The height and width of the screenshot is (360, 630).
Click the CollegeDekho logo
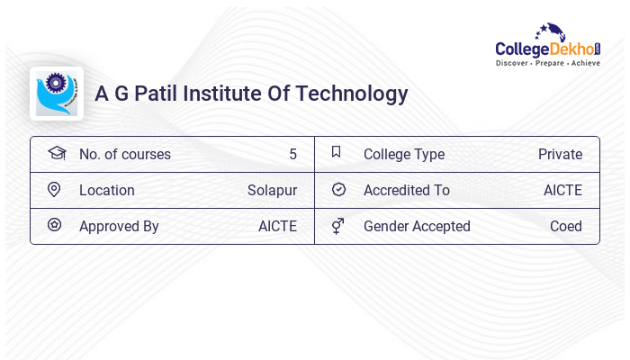point(548,46)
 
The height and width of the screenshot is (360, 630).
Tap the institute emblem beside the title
point(56,94)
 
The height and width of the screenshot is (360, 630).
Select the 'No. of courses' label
point(125,155)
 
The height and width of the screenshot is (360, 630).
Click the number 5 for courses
point(292,155)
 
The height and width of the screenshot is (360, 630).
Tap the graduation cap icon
point(56,153)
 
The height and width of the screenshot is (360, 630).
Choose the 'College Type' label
point(404,155)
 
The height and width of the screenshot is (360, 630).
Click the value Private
point(560,155)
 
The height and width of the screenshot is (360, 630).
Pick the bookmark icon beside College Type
point(337,153)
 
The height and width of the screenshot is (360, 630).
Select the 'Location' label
point(107,191)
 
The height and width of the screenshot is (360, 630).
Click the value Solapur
point(272,191)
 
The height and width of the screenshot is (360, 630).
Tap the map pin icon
point(54,190)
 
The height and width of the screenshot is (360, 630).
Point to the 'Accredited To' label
point(407,191)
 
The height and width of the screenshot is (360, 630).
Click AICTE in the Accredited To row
point(562,191)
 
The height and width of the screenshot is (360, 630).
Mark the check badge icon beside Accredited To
point(338,190)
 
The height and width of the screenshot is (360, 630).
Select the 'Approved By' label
point(119,227)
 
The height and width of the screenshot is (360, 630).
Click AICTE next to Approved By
point(277,227)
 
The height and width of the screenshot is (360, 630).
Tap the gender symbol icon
point(338,226)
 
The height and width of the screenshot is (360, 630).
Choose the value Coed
point(566,227)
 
